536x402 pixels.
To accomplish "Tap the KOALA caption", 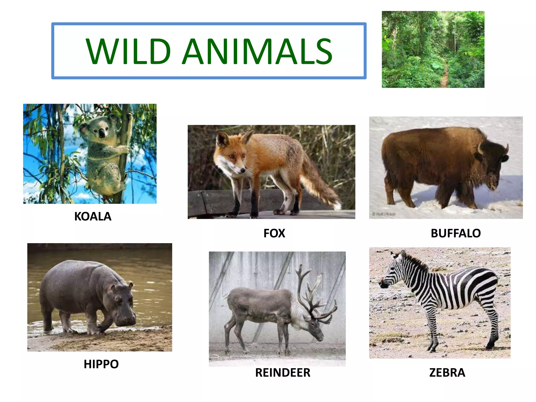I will click(x=93, y=216).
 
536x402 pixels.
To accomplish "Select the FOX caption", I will click(x=274, y=233).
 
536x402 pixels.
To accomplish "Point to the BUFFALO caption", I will click(x=456, y=233).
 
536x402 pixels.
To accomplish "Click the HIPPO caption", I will click(x=101, y=364).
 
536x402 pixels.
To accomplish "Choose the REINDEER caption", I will click(x=283, y=372).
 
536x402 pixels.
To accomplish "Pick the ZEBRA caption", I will click(x=447, y=372).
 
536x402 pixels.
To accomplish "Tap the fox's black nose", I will click(x=243, y=171).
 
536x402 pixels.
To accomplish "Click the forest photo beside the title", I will click(x=433, y=49).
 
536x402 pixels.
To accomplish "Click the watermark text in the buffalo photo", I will click(x=384, y=214).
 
